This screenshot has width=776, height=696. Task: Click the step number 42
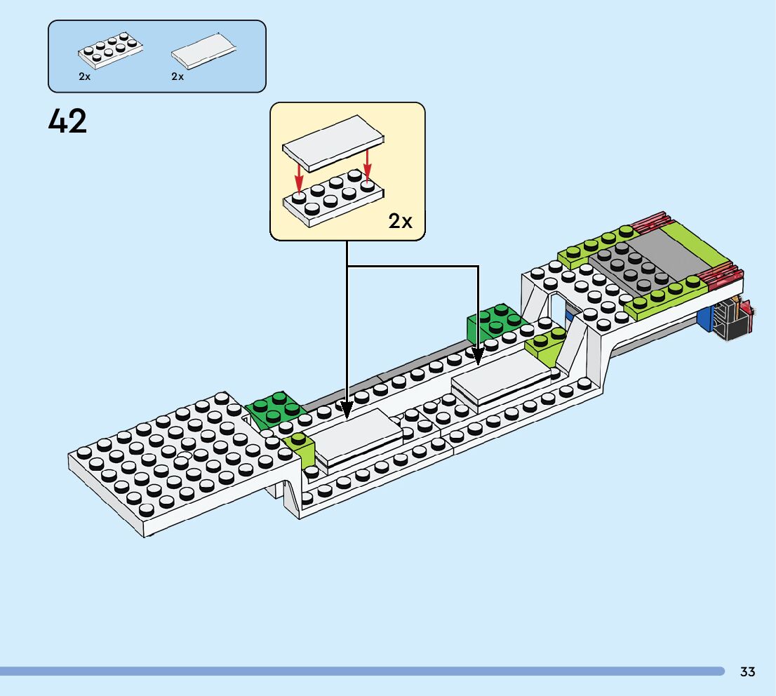point(67,122)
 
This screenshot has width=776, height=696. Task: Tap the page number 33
point(747,672)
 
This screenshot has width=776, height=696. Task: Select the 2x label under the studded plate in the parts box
point(85,76)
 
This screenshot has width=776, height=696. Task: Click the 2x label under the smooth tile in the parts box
point(178,76)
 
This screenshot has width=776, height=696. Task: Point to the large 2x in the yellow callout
point(401,221)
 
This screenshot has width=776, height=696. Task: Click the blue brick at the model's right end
point(704,316)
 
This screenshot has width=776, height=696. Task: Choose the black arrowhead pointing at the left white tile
point(346,408)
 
